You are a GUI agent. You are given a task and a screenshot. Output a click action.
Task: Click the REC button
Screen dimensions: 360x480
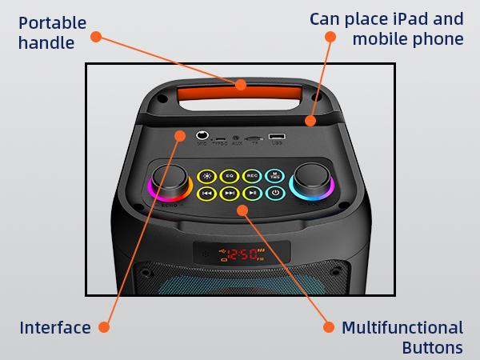coord(252,175)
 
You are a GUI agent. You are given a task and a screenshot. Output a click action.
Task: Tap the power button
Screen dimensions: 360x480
coord(274,193)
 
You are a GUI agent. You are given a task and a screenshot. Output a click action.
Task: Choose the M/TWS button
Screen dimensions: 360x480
coord(274,175)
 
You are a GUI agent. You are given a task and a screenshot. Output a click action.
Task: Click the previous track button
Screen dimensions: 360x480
coord(206,193)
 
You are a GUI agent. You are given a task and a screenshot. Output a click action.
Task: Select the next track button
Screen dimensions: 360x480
coord(230,193)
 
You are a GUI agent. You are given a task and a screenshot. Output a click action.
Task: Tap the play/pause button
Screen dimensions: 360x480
coord(252,193)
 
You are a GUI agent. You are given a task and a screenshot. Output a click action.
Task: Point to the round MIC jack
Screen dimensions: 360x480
coord(203,137)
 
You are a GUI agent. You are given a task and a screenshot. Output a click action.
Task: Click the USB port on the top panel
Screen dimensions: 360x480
coord(277,138)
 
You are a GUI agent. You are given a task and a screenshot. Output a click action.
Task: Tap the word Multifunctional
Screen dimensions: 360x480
coord(402,327)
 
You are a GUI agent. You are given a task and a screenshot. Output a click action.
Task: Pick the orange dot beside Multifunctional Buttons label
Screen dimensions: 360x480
coord(327,326)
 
